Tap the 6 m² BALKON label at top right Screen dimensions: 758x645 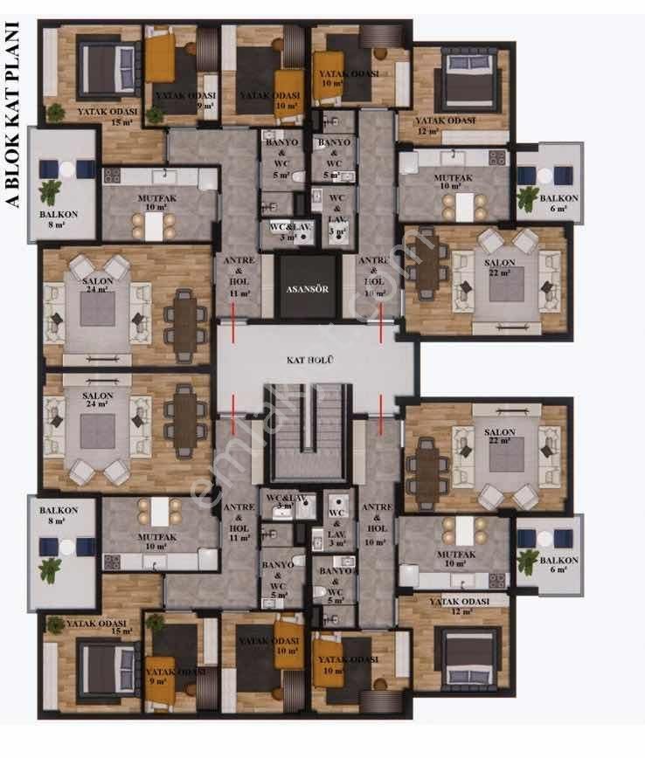(558, 203)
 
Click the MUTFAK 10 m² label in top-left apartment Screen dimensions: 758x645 (157, 203)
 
